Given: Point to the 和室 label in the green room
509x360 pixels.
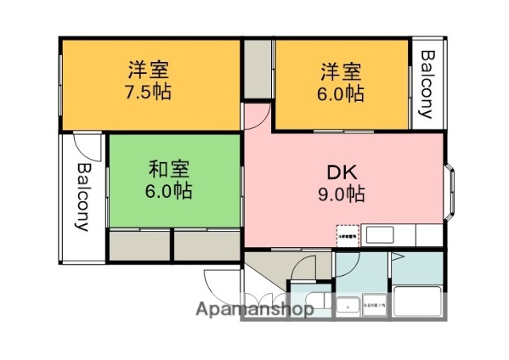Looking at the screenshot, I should coord(169,169).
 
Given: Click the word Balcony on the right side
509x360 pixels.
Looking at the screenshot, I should coord(426,84).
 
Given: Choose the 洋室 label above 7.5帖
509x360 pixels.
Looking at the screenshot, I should coord(149,69).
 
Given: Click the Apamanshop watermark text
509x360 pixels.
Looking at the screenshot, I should coord(254,310).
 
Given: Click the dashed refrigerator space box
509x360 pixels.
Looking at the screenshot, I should coord(348,234).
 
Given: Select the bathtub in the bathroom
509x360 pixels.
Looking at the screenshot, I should coord(418,304).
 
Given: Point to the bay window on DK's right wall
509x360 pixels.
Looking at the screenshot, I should coord(450,190).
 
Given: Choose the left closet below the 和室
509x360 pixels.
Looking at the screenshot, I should coord(139,245).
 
